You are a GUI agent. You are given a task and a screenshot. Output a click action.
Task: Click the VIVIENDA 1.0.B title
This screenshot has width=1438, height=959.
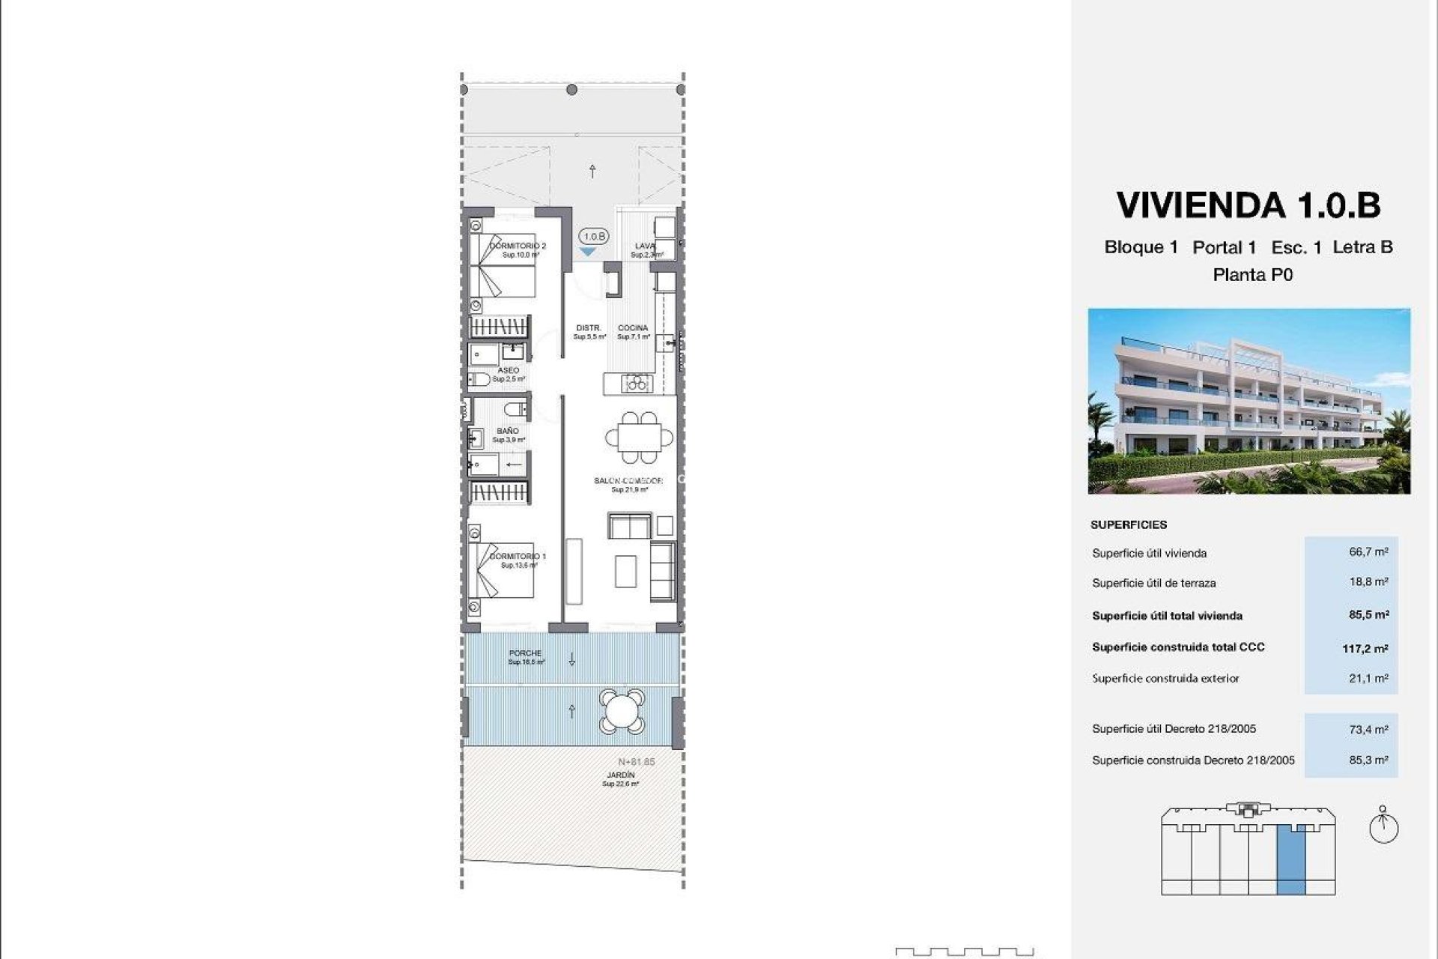tap(1248, 205)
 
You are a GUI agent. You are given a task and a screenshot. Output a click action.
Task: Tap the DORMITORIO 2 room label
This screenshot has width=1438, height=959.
tap(518, 246)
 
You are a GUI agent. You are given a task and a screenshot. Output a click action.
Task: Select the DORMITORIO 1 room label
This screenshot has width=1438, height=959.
tap(518, 557)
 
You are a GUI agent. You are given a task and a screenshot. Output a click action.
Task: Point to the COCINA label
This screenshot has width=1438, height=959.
tap(633, 328)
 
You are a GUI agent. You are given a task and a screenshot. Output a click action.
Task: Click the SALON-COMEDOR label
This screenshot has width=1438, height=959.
tap(628, 481)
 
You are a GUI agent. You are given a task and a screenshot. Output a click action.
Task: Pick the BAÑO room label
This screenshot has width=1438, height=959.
tap(507, 432)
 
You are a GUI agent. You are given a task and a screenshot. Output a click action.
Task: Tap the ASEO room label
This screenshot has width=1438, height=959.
tap(508, 371)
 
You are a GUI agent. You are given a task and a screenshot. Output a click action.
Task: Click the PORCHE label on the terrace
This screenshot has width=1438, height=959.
tap(525, 653)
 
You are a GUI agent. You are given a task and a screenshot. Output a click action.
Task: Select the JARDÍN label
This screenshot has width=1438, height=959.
tap(621, 775)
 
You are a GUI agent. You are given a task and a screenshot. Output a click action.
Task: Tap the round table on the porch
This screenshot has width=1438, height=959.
tap(621, 711)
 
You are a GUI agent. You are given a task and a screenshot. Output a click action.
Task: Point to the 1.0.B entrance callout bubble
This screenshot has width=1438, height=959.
tap(594, 237)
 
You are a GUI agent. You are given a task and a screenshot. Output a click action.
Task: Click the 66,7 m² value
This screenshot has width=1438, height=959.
tap(1368, 552)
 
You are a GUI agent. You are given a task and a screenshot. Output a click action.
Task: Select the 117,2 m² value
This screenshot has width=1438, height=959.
tap(1365, 649)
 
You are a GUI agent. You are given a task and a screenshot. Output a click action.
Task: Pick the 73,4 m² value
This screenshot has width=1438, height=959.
tap(1368, 729)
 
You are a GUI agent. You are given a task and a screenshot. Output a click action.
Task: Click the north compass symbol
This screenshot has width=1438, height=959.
tap(1383, 827)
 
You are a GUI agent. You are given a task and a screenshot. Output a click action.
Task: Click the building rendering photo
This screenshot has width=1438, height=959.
tap(1249, 401)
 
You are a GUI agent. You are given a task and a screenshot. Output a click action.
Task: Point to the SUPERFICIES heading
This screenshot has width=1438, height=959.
tap(1129, 525)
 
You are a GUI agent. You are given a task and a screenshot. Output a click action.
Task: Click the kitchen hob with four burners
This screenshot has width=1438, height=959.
tap(637, 384)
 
